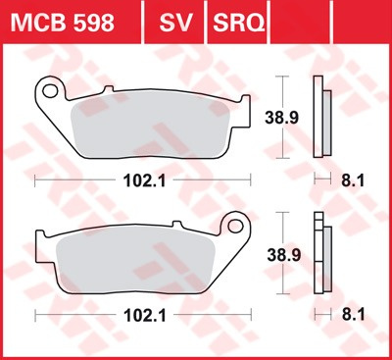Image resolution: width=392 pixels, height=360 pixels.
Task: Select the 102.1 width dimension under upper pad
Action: (142, 180)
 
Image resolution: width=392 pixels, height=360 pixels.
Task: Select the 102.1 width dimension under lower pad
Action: (142, 315)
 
